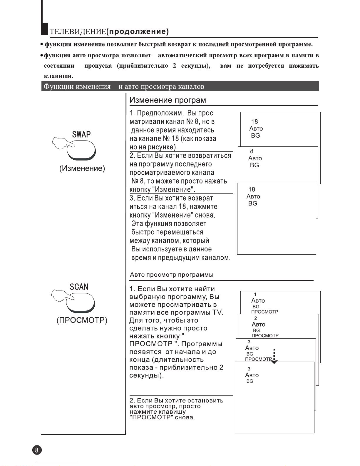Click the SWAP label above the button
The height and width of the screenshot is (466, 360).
pyautogui.click(x=81, y=135)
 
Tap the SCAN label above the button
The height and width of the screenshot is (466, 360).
pyautogui.click(x=79, y=287)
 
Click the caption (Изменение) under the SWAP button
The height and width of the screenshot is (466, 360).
pyautogui.click(x=82, y=168)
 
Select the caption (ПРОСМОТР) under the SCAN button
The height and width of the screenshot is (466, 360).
pyautogui.click(x=82, y=320)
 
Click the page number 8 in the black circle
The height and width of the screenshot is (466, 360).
pyautogui.click(x=37, y=450)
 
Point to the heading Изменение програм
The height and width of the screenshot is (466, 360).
pyautogui.click(x=168, y=100)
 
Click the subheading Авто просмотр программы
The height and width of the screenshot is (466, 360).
pyautogui.click(x=172, y=275)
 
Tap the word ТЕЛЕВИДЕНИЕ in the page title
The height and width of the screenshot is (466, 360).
pyautogui.click(x=78, y=32)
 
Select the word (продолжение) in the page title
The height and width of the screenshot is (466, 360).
pyautogui.click(x=137, y=31)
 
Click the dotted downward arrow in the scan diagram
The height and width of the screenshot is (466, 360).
pyautogui.click(x=274, y=356)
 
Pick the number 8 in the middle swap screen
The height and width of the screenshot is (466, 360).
pyautogui.click(x=252, y=151)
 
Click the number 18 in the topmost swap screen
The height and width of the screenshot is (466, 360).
pyautogui.click(x=254, y=121)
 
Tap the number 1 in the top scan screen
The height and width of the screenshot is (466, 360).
pyautogui.click(x=255, y=294)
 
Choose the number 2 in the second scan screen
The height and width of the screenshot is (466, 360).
pyautogui.click(x=256, y=318)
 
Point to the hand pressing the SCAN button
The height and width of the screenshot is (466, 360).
pyautogui.click(x=60, y=295)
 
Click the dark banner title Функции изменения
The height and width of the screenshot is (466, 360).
pyautogui.click(x=77, y=86)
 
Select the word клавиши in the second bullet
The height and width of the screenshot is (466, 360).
pyautogui.click(x=58, y=76)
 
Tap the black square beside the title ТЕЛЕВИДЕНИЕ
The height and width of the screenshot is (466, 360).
pyautogui.click(x=45, y=29)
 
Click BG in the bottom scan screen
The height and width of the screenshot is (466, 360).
pyautogui.click(x=250, y=381)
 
